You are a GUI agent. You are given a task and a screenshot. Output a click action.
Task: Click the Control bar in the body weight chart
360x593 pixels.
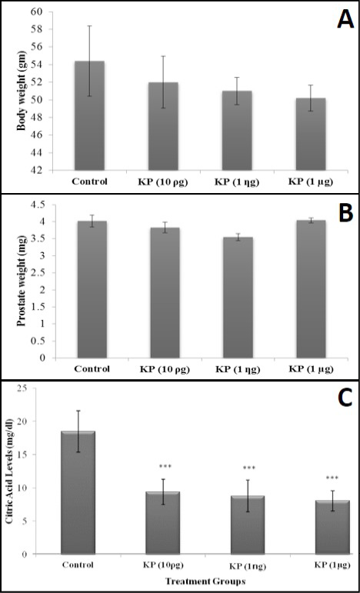click(89, 115)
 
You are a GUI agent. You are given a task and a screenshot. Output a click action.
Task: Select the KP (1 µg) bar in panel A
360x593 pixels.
click(311, 134)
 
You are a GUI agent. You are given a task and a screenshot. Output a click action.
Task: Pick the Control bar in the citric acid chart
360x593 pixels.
click(78, 492)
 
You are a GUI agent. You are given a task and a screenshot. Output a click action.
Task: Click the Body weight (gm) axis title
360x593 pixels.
click(22, 92)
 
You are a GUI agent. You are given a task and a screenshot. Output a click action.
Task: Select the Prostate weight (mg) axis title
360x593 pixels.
click(22, 281)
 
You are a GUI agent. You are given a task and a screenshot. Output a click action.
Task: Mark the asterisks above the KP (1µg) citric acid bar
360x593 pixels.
click(332, 478)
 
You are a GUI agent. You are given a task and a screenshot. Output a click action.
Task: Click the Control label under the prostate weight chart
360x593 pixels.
click(92, 368)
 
